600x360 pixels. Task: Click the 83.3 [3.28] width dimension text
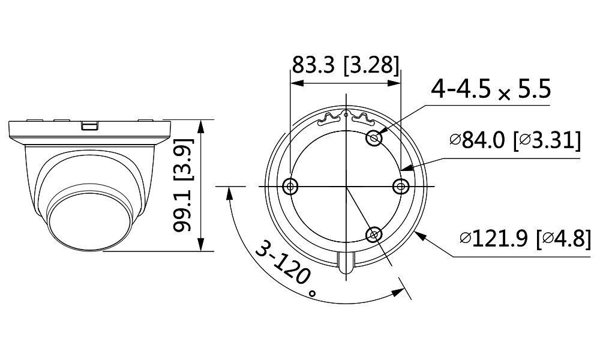click(345, 65)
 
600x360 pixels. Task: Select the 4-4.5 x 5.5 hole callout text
click(491, 91)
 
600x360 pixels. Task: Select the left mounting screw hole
click(290, 187)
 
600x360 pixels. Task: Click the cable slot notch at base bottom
click(346, 264)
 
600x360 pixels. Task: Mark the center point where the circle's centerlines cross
click(346, 187)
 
